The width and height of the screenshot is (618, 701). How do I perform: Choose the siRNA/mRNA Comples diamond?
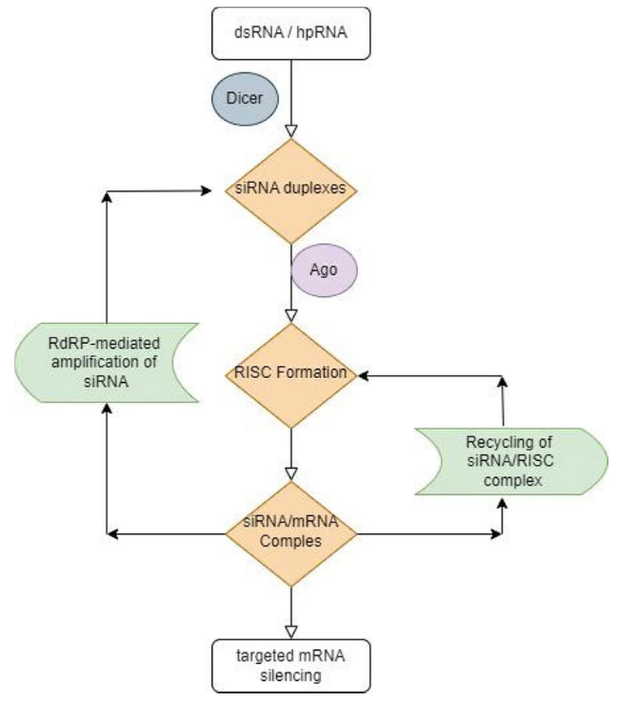pos(290,534)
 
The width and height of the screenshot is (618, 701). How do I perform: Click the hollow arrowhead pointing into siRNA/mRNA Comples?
pos(290,472)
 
